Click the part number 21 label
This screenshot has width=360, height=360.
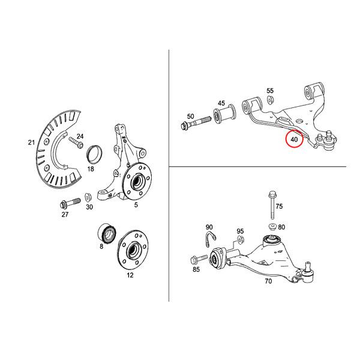coord(31,143)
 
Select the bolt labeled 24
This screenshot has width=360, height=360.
coord(76,142)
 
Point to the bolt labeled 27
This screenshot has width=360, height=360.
coord(70,203)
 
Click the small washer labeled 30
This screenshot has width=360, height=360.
coord(88,197)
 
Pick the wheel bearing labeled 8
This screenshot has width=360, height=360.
coord(107,233)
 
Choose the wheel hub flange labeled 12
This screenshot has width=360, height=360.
coord(133,250)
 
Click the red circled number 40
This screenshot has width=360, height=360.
coord(294,139)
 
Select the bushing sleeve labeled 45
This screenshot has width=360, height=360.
coord(224,113)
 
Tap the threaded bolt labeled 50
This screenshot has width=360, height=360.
coord(196,123)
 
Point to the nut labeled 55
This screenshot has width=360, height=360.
coord(270,100)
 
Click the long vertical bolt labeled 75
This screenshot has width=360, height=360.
coord(272,205)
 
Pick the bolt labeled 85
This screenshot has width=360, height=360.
coord(199,259)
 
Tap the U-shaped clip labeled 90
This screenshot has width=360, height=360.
coord(210,239)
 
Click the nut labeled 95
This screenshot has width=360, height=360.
coord(241,240)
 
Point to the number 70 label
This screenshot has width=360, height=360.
coord(268,281)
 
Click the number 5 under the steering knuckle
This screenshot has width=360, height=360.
coord(136,205)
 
